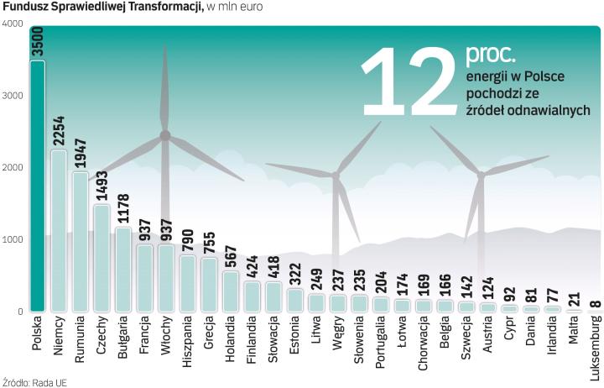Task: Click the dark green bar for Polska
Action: click(37, 185)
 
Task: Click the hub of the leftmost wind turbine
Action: click(165, 135)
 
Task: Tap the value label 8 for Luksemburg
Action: click(596, 303)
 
